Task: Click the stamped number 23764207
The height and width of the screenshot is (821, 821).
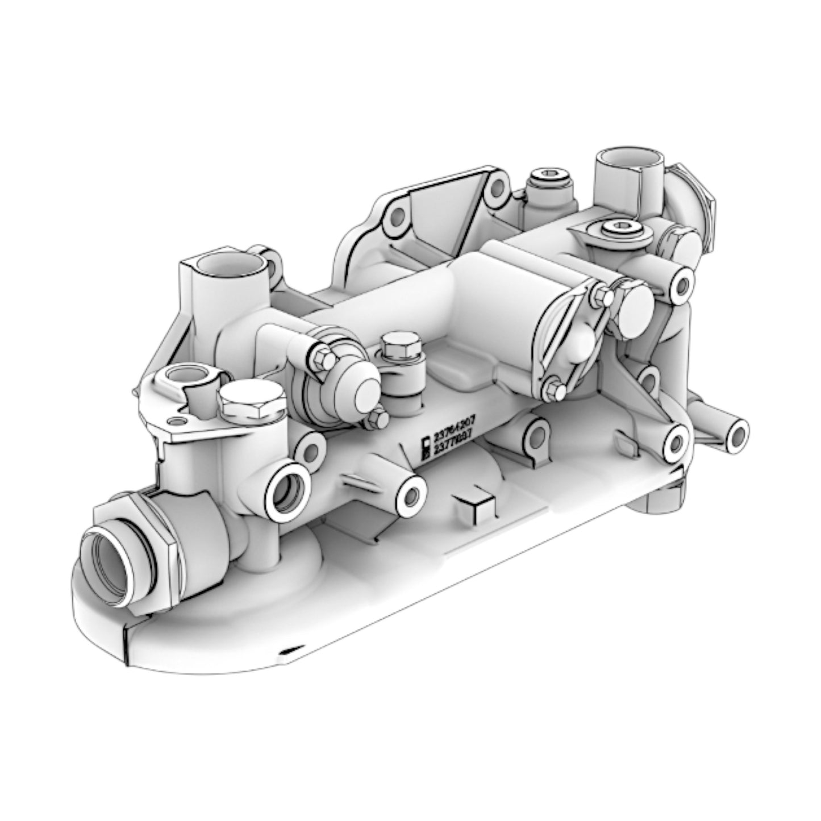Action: (454, 437)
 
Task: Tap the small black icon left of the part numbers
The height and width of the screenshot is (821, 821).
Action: (424, 447)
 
